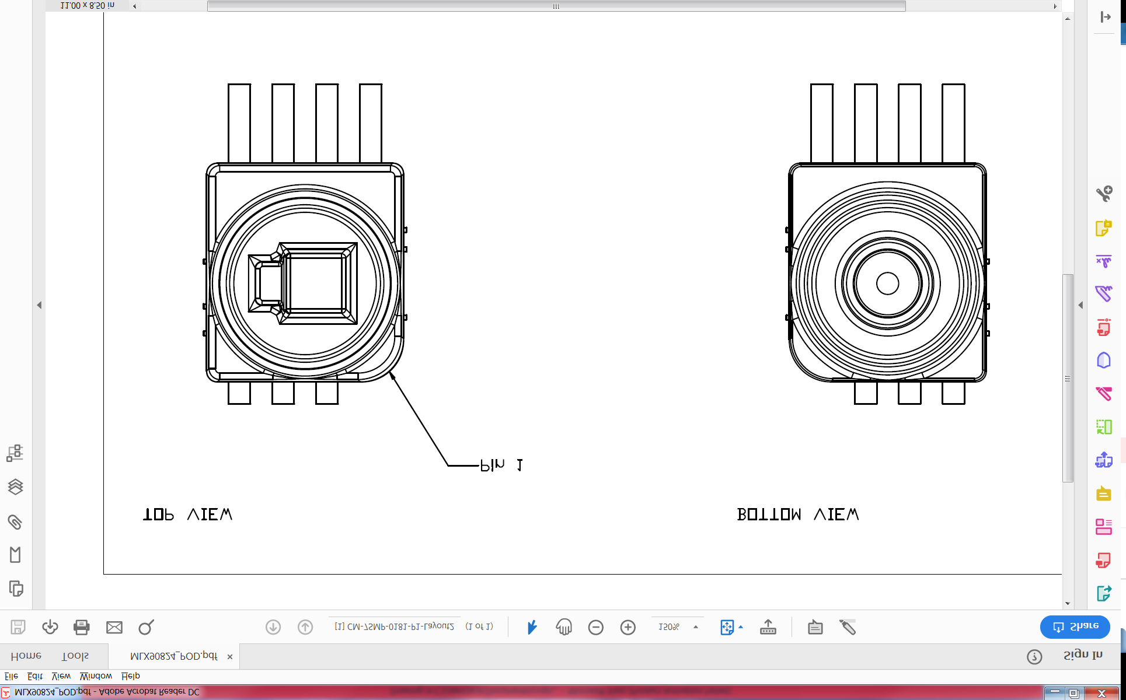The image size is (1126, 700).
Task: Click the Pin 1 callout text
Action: (501, 465)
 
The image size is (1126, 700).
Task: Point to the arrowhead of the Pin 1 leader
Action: (392, 375)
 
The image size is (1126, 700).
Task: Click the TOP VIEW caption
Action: (187, 514)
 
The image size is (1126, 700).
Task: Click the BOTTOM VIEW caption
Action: (797, 514)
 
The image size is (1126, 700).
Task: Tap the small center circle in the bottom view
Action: (887, 283)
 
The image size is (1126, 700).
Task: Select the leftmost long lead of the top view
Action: (239, 123)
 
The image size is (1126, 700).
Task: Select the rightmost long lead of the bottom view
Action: (953, 123)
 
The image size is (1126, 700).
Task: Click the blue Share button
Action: (1075, 626)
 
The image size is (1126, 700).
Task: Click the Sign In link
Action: (1082, 655)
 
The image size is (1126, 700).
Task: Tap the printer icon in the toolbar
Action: (82, 627)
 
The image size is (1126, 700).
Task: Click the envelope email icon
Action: (114, 627)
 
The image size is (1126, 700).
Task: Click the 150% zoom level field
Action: (669, 627)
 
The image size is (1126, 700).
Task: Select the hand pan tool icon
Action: (564, 627)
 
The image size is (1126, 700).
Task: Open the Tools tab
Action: (75, 656)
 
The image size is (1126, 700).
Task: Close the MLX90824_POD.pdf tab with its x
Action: (230, 657)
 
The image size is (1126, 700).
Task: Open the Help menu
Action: (130, 676)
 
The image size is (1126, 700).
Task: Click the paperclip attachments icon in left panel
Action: (15, 521)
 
